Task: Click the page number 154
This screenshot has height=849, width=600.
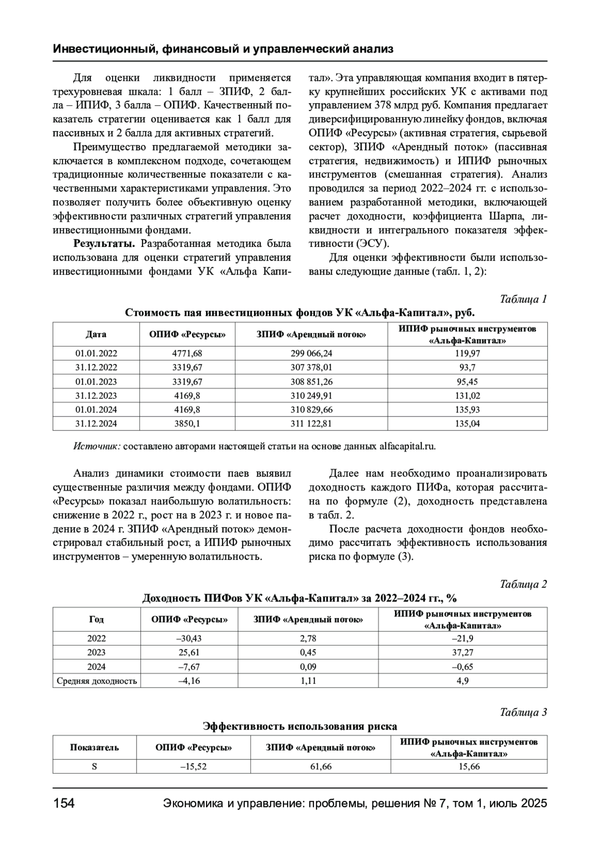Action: coord(64,803)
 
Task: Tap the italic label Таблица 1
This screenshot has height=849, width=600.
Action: coord(523,299)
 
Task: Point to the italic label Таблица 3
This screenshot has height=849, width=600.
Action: coord(523,712)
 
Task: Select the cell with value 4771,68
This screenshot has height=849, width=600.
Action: coord(187,353)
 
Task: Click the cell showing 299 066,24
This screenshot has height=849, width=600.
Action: coord(311,353)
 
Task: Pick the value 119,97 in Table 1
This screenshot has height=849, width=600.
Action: coord(467,353)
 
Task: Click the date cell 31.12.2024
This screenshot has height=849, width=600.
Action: coord(96,423)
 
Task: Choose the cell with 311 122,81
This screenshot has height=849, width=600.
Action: coord(311,423)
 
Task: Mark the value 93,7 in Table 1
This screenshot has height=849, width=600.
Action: coord(467,367)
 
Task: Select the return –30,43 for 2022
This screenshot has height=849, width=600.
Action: coord(189,638)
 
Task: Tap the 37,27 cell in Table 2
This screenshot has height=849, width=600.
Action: coord(462,652)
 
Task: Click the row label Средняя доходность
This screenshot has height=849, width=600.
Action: coord(96,680)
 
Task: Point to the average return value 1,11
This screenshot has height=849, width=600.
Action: coord(308,680)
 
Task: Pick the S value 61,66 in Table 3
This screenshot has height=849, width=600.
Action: coord(320,766)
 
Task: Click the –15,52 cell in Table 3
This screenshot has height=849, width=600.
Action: coord(193,766)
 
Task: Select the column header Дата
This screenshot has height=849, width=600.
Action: coord(96,334)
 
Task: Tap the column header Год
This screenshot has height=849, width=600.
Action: coord(96,619)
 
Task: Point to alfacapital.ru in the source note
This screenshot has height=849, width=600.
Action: coord(410,446)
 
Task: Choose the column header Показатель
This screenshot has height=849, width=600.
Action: coord(94,747)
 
